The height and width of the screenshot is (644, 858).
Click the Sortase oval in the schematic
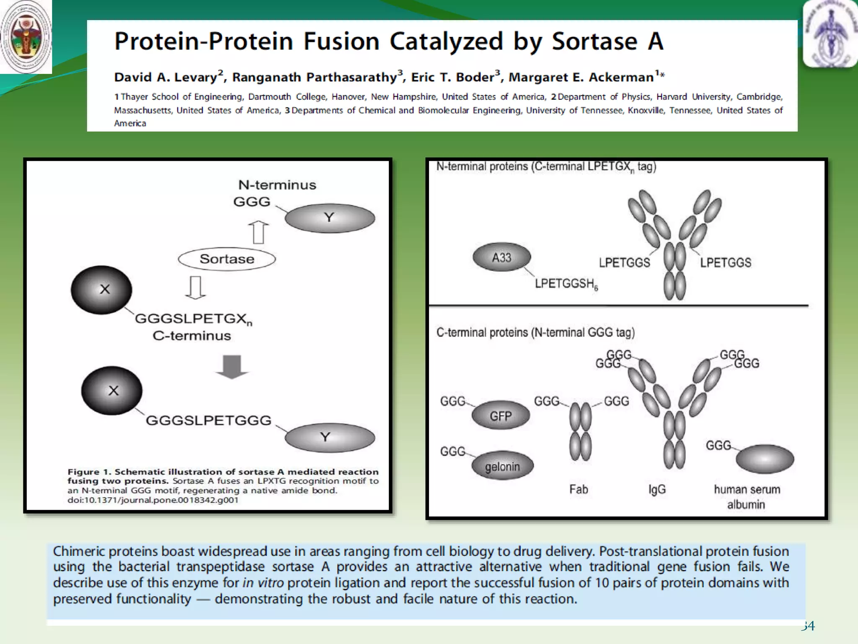click(x=227, y=259)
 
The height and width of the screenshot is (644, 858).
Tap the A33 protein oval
click(x=501, y=257)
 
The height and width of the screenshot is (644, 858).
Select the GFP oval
click(x=501, y=416)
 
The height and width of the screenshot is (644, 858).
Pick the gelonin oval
click(x=502, y=466)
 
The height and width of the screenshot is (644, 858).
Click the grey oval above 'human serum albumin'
click(x=765, y=459)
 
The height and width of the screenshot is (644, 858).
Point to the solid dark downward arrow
click(x=232, y=366)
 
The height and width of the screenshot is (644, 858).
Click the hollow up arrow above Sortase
click(x=258, y=232)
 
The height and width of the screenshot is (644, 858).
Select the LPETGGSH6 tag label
click(x=566, y=284)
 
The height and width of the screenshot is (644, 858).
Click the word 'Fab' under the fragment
click(x=579, y=489)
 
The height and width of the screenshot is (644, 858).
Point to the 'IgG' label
click(x=657, y=489)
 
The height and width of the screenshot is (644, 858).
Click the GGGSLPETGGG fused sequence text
click(x=208, y=420)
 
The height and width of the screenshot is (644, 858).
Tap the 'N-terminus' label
click(x=277, y=185)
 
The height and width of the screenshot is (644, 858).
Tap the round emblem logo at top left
click(x=26, y=37)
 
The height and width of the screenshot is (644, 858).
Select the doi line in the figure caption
click(x=153, y=500)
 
